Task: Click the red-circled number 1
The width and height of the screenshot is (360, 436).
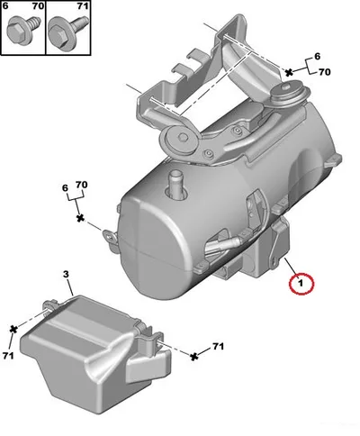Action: pos(301,283)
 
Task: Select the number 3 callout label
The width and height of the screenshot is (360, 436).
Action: pos(66,274)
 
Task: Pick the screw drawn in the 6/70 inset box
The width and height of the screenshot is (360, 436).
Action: pos(22,30)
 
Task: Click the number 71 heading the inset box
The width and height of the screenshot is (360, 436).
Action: pos(83,6)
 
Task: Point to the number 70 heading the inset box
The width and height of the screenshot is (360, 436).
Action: pos(38,6)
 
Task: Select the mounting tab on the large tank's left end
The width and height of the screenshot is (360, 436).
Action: pos(111,238)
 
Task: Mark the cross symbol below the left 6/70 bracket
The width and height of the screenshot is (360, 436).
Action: pos(80,218)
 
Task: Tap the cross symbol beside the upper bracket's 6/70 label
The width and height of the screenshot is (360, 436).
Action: pos(289,72)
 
